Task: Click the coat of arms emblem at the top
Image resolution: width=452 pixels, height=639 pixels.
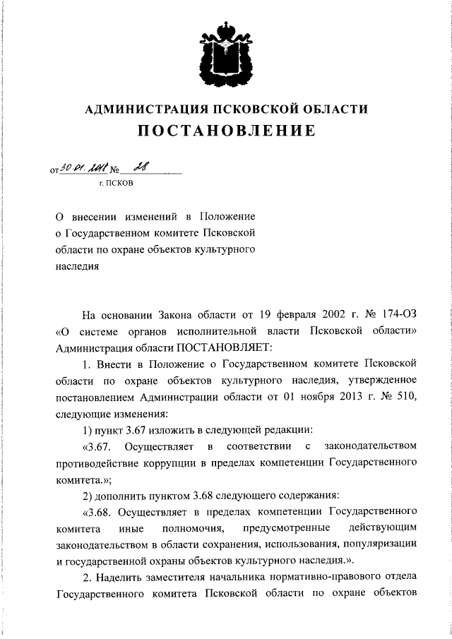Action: coord(226,49)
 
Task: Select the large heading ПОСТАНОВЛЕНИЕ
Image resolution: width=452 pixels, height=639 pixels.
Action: coord(226,131)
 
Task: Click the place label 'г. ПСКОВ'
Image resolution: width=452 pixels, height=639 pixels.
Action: coord(115,184)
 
